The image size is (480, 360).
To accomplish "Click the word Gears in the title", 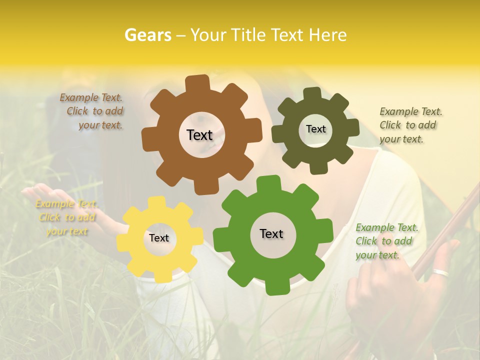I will (x=147, y=35).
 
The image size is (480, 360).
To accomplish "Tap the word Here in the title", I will (x=327, y=35).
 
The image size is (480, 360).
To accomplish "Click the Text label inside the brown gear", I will (x=199, y=135).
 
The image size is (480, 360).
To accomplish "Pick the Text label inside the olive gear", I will (x=315, y=129).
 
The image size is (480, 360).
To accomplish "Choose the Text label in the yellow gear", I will (x=159, y=238).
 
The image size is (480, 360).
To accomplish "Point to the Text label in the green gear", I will (x=271, y=233).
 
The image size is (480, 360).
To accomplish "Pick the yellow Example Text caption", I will (x=66, y=217).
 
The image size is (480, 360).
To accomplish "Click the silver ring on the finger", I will (x=440, y=272).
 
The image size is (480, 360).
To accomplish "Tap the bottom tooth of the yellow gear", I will (x=162, y=275).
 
